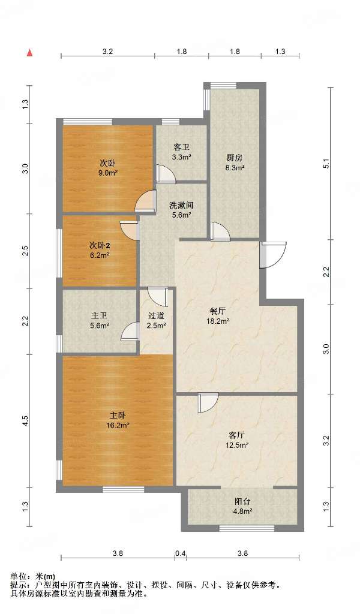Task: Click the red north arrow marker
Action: (x=29, y=53)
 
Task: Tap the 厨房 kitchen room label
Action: (x=235, y=158)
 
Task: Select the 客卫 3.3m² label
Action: (x=182, y=152)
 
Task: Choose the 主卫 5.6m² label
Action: (x=99, y=320)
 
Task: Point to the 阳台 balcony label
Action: (x=242, y=501)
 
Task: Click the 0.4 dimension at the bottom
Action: (x=180, y=553)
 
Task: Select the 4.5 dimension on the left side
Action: (x=25, y=421)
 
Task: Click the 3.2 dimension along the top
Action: (x=108, y=52)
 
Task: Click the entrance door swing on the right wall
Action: (x=273, y=255)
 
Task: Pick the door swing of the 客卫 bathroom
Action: (x=166, y=174)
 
